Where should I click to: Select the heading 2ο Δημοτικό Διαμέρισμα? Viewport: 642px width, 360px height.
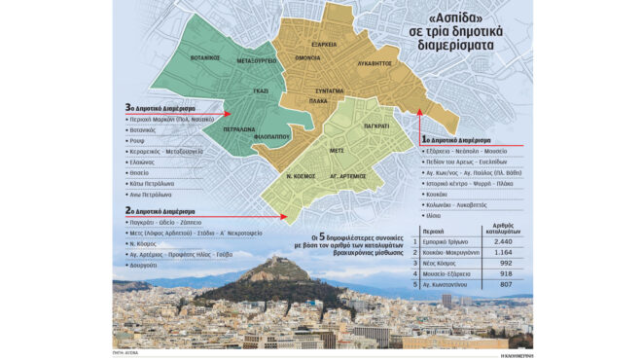164,209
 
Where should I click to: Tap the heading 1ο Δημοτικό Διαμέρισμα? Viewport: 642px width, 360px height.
461,141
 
